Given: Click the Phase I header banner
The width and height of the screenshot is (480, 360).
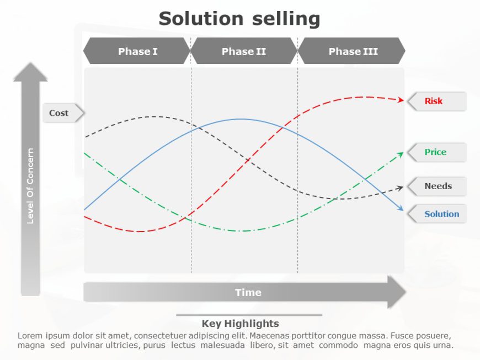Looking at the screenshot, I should pos(137,51).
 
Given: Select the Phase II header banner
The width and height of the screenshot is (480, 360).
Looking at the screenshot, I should pos(244,51).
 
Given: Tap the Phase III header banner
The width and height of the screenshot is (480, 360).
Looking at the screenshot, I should pos(353,51).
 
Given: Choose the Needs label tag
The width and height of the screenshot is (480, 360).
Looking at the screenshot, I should pos(438,186).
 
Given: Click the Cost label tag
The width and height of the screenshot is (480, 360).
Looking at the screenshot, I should pos(60,113).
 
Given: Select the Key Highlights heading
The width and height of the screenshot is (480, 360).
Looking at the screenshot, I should pos(240,324).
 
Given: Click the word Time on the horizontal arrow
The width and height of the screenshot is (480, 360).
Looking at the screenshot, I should pos(248,293).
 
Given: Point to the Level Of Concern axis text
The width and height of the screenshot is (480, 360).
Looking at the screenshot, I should pos(30,186).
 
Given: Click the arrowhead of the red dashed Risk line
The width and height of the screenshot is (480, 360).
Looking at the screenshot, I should pos(401,100).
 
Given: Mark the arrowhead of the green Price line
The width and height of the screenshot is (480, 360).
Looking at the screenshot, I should pos(401,154).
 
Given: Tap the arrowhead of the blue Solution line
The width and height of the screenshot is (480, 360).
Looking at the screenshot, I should pos(401,208).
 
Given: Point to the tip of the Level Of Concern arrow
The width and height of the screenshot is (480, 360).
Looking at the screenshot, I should pos(30,64).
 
